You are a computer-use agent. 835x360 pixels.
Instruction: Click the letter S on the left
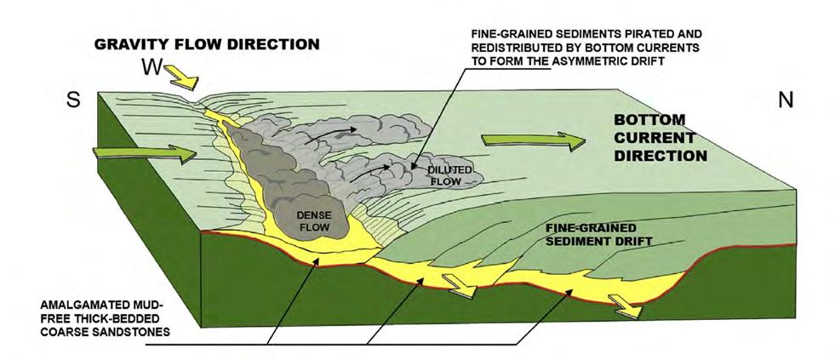click(73, 100)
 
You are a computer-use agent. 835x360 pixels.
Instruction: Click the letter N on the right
click(785, 100)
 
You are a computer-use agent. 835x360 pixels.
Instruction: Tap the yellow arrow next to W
click(186, 79)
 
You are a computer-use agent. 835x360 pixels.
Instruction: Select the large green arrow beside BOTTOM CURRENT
click(533, 141)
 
